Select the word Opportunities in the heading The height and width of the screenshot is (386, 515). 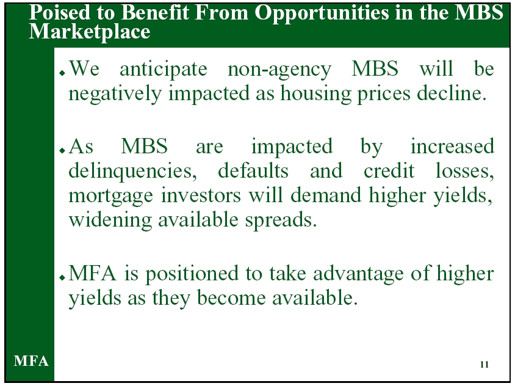tap(322, 14)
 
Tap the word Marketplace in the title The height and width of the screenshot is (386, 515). tap(89, 32)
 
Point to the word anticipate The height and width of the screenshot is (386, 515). tap(164, 70)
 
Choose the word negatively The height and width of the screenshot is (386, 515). tap(115, 94)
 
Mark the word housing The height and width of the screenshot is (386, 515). tap(315, 94)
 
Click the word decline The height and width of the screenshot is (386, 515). tap(452, 93)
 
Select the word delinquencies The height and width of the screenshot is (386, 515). tap(132, 172)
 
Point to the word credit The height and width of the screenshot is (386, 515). tap(389, 170)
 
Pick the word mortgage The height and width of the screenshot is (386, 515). tap(110, 196)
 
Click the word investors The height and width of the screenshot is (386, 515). tap(201, 195)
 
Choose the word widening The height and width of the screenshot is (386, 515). tap(110, 220)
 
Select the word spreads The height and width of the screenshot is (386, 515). tap(281, 220)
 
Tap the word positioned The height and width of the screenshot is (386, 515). tap(192, 274)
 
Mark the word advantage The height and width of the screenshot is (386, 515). tap(358, 274)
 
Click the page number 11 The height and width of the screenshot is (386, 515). tap(484, 364)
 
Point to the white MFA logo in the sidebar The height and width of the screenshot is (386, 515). tap(31, 361)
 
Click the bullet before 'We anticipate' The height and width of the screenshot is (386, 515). tap(62, 73)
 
